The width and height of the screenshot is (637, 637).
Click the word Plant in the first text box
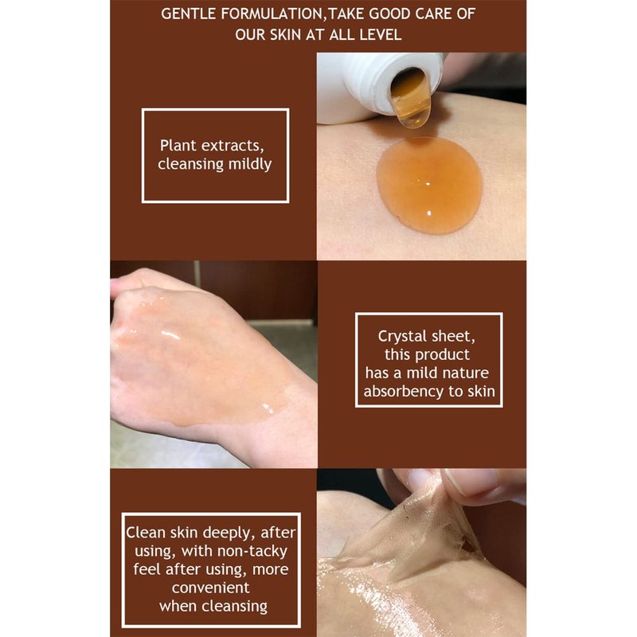click(x=178, y=146)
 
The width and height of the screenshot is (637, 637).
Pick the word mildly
click(x=250, y=164)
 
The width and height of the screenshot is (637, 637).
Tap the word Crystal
click(x=402, y=336)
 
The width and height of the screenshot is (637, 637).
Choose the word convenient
click(x=211, y=588)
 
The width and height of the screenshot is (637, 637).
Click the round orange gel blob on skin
click(x=429, y=185)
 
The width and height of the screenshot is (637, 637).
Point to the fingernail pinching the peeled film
click(x=471, y=482)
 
